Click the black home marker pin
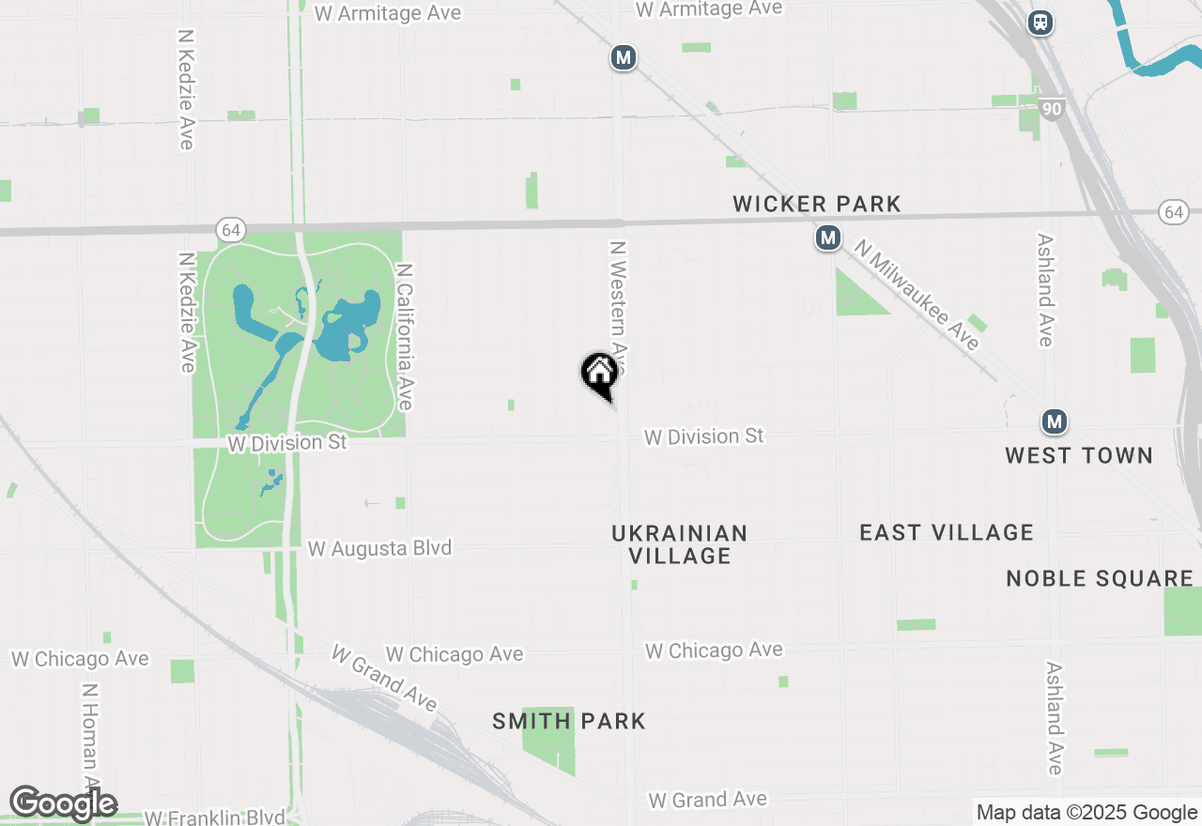pos(599,374)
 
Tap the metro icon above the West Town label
pos(1055,421)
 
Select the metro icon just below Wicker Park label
pos(827,238)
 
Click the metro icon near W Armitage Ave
pos(623,57)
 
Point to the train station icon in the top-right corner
pos(1040,23)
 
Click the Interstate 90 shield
pos(1052,110)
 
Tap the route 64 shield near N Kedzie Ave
pos(229,229)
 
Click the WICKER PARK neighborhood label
pos(816,204)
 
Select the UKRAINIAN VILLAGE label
pos(679,544)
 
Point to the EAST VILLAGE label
pos(947,532)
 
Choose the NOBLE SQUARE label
pos(1100,578)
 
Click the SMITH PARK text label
pos(569,721)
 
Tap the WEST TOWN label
pos(1078,455)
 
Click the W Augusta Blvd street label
pos(379,548)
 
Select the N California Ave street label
pos(405,336)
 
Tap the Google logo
pos(63,803)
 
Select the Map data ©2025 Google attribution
pos(1086,813)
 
